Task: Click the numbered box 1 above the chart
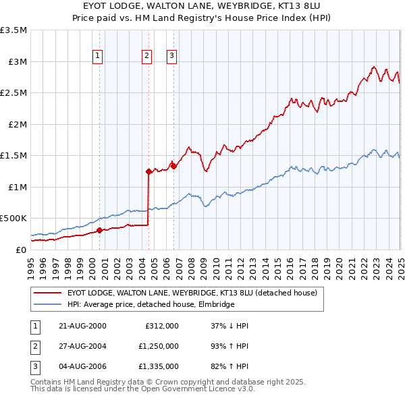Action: pos(98,57)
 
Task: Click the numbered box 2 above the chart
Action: pos(146,57)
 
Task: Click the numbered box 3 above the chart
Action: pos(171,57)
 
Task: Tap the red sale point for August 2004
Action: pos(148,171)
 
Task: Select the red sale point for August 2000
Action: pos(99,230)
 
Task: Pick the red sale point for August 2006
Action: pos(173,166)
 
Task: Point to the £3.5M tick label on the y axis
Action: pos(13,30)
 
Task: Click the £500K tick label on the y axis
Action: pos(13,219)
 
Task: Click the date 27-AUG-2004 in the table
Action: pos(82,346)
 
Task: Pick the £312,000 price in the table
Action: pos(162,325)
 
